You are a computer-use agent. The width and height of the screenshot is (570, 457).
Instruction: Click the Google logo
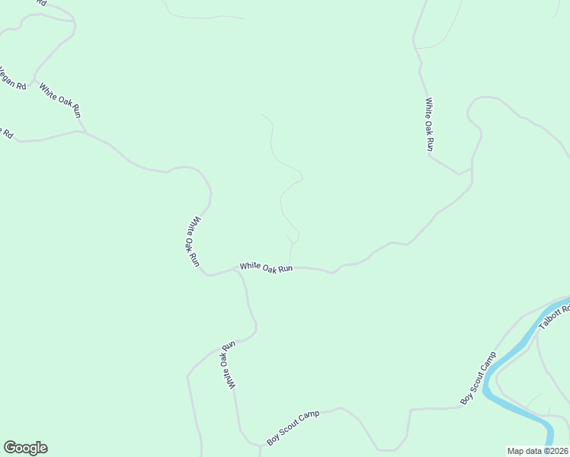tap(25, 448)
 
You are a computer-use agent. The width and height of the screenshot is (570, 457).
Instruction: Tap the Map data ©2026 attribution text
tap(538, 451)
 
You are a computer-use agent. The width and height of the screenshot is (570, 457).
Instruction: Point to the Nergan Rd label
tap(12, 80)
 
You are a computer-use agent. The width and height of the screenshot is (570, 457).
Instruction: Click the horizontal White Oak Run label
tap(266, 267)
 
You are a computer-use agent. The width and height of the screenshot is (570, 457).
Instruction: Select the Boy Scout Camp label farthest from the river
tap(293, 428)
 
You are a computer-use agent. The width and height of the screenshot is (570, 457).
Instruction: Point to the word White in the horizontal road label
tap(250, 266)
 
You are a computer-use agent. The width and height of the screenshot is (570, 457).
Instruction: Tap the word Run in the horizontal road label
tap(285, 269)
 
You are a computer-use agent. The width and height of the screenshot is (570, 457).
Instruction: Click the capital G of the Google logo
tap(9, 448)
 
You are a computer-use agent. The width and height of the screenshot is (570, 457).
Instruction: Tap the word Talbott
tap(552, 318)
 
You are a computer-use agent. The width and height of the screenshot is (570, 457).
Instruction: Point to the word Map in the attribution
tap(516, 451)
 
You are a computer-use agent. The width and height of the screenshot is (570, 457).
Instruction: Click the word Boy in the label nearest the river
tap(466, 397)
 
